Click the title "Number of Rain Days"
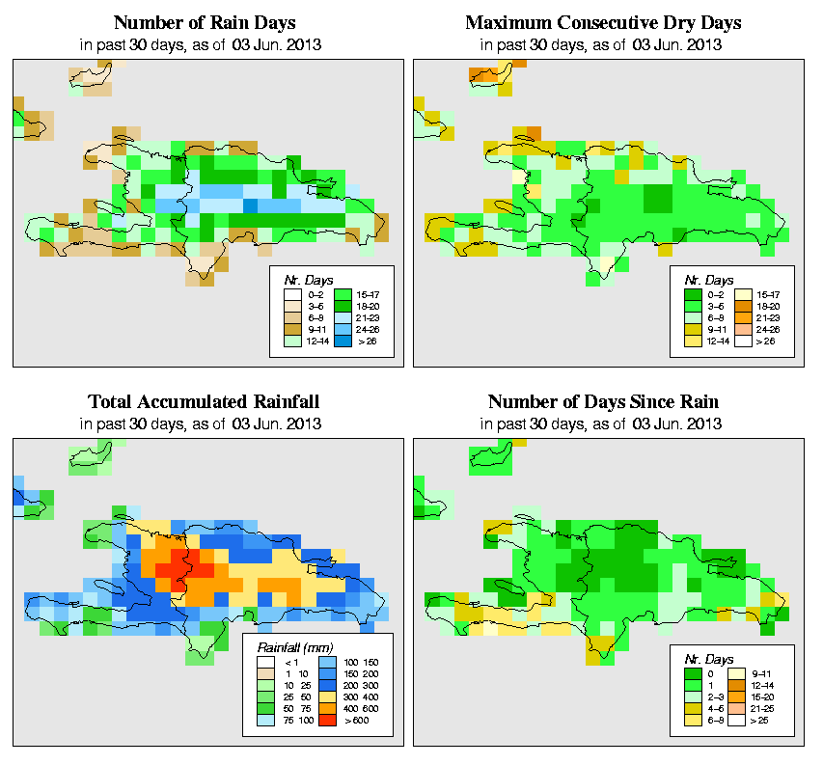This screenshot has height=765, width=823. click(204, 22)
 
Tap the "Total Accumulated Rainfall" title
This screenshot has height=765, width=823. click(204, 402)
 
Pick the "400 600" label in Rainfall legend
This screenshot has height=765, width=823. click(358, 705)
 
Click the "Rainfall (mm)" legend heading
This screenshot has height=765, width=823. click(294, 647)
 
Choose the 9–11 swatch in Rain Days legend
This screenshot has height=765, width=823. click(288, 328)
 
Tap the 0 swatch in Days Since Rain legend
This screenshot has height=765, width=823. click(691, 670)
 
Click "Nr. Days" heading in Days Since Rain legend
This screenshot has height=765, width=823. click(716, 656)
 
